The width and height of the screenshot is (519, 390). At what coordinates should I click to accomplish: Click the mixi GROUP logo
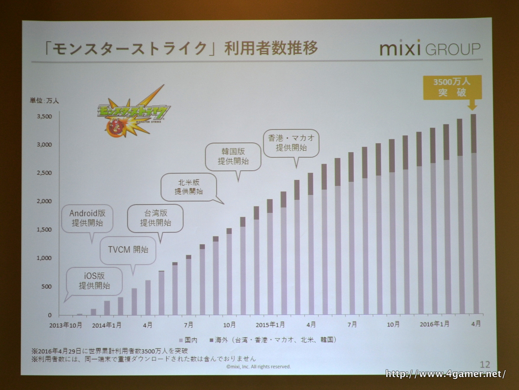point(429,48)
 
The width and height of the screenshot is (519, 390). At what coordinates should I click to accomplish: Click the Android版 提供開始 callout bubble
point(91,218)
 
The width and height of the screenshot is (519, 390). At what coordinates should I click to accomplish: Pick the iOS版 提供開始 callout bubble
point(94,280)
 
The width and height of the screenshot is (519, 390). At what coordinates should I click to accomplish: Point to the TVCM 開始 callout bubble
point(128,250)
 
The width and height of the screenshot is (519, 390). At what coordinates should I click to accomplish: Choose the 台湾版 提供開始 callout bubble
point(155,218)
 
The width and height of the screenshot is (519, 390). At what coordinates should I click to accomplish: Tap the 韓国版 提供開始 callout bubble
point(233,157)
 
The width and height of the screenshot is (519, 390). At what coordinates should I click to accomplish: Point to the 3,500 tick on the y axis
point(44,116)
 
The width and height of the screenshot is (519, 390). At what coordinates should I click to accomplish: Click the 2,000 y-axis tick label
point(44,201)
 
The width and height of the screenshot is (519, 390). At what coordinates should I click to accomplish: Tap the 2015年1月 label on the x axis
point(270,325)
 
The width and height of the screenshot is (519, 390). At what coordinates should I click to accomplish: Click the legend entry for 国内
point(186,340)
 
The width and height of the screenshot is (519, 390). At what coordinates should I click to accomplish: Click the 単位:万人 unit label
point(44,100)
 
